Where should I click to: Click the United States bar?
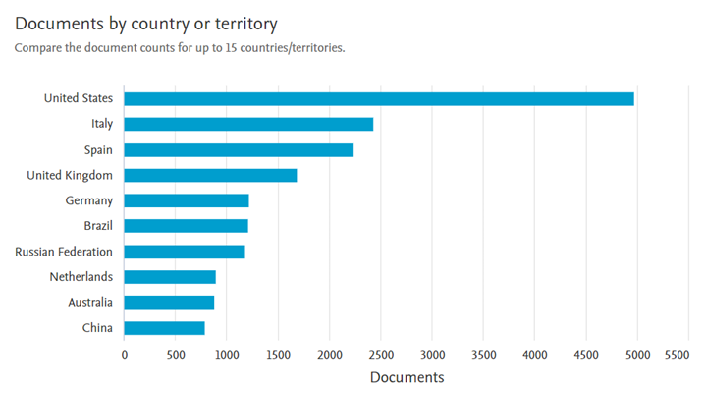pos(379,98)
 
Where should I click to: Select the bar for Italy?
pos(248,124)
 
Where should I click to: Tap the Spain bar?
pos(239,149)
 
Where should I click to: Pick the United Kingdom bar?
pos(210,175)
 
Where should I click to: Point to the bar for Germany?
pos(187,200)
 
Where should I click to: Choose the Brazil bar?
pos(186,226)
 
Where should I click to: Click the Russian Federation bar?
pos(185,252)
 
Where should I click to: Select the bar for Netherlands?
pos(170,277)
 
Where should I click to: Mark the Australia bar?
pos(169,303)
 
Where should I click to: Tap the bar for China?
pos(164,328)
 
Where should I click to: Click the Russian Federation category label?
pos(64,252)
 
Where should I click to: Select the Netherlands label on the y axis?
pos(81,277)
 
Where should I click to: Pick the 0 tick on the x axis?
pos(125,354)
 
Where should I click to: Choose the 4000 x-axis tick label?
pos(534,354)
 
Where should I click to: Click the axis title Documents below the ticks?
pos(407,377)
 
